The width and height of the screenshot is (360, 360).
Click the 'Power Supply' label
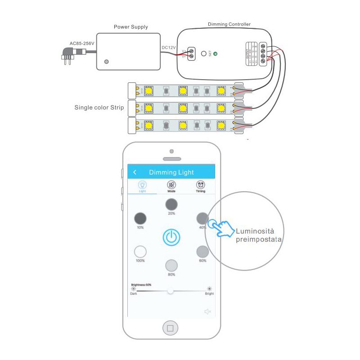pos(130,27)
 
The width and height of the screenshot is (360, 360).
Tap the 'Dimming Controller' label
pos(229,24)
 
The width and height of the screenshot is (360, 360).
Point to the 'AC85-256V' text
pos(81,44)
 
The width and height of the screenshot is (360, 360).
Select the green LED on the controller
pos(215,54)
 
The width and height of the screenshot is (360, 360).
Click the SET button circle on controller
pos(204,54)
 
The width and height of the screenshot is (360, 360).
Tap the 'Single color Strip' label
pos(99,108)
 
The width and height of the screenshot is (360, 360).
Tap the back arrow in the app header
pos(135,172)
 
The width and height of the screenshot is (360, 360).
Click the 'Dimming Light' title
pos(171,172)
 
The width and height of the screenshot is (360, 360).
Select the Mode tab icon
pos(171,184)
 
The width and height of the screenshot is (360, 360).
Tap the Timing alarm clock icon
pos(201,184)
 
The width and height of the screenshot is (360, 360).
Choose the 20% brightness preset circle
pos(171,204)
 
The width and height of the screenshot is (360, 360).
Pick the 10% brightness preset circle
pos(141,219)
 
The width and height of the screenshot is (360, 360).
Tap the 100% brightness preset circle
pos(141,251)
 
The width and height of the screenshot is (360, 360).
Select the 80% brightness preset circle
pos(171,265)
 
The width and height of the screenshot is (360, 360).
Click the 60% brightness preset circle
pos(202,251)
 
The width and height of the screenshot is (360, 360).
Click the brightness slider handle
pos(170,291)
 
